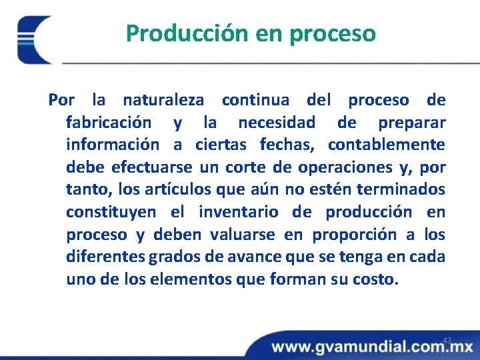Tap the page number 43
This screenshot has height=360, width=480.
point(447,341)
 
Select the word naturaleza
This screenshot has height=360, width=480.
point(163,101)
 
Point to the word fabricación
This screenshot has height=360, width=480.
point(109,123)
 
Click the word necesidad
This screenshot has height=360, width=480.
point(277,123)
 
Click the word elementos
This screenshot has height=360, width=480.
point(199,279)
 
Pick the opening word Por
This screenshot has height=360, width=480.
point(61,101)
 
